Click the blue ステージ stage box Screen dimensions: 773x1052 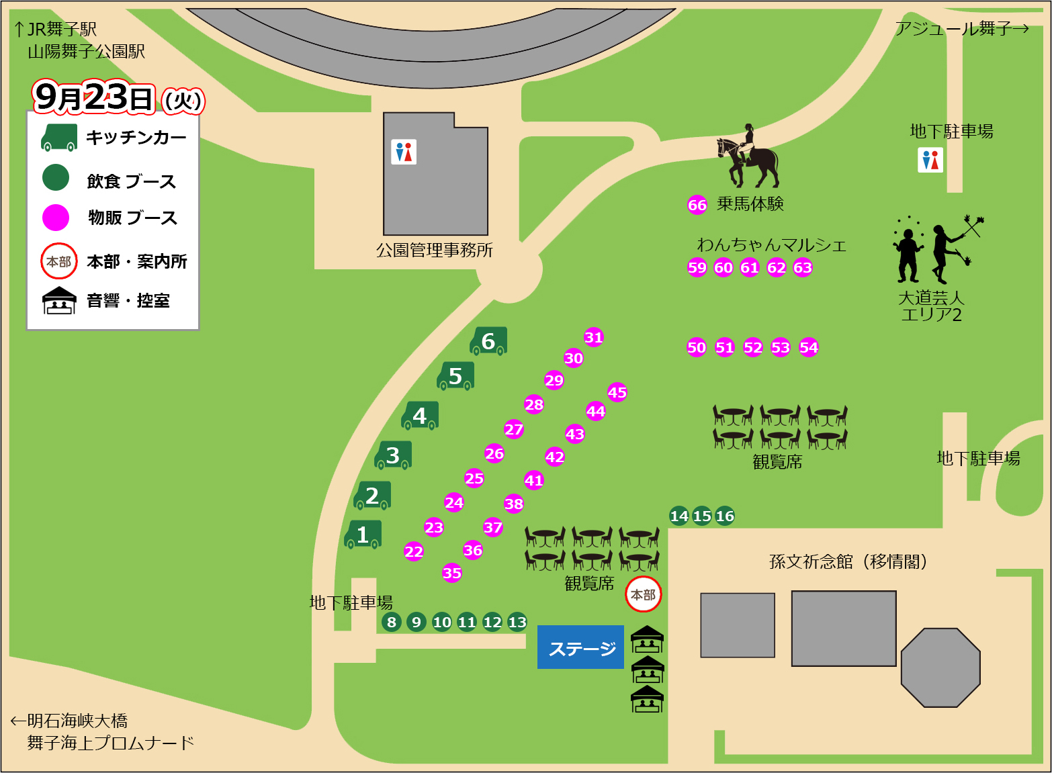tap(580, 647)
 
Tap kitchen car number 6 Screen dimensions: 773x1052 tap(488, 341)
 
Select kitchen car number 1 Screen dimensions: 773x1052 tap(363, 535)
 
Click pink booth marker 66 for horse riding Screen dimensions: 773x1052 tap(697, 205)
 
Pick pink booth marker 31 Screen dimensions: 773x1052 tap(594, 337)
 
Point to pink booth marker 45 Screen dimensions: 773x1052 tap(617, 392)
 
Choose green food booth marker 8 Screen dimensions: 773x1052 tap(392, 622)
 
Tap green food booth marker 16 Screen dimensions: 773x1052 tap(725, 516)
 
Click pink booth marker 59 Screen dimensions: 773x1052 tap(697, 267)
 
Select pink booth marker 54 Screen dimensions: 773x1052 tap(809, 347)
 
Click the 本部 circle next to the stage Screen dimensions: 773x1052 tap(644, 594)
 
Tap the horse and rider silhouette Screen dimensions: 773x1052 tap(747, 157)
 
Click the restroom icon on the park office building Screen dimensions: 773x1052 tap(404, 152)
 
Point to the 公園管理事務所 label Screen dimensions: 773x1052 tap(434, 251)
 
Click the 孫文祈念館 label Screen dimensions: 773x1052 tap(848, 561)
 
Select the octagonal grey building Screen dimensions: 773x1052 tap(940, 668)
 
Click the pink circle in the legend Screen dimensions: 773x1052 tap(56, 218)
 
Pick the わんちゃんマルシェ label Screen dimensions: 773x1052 tap(771, 244)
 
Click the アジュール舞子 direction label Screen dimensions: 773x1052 tap(961, 29)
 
